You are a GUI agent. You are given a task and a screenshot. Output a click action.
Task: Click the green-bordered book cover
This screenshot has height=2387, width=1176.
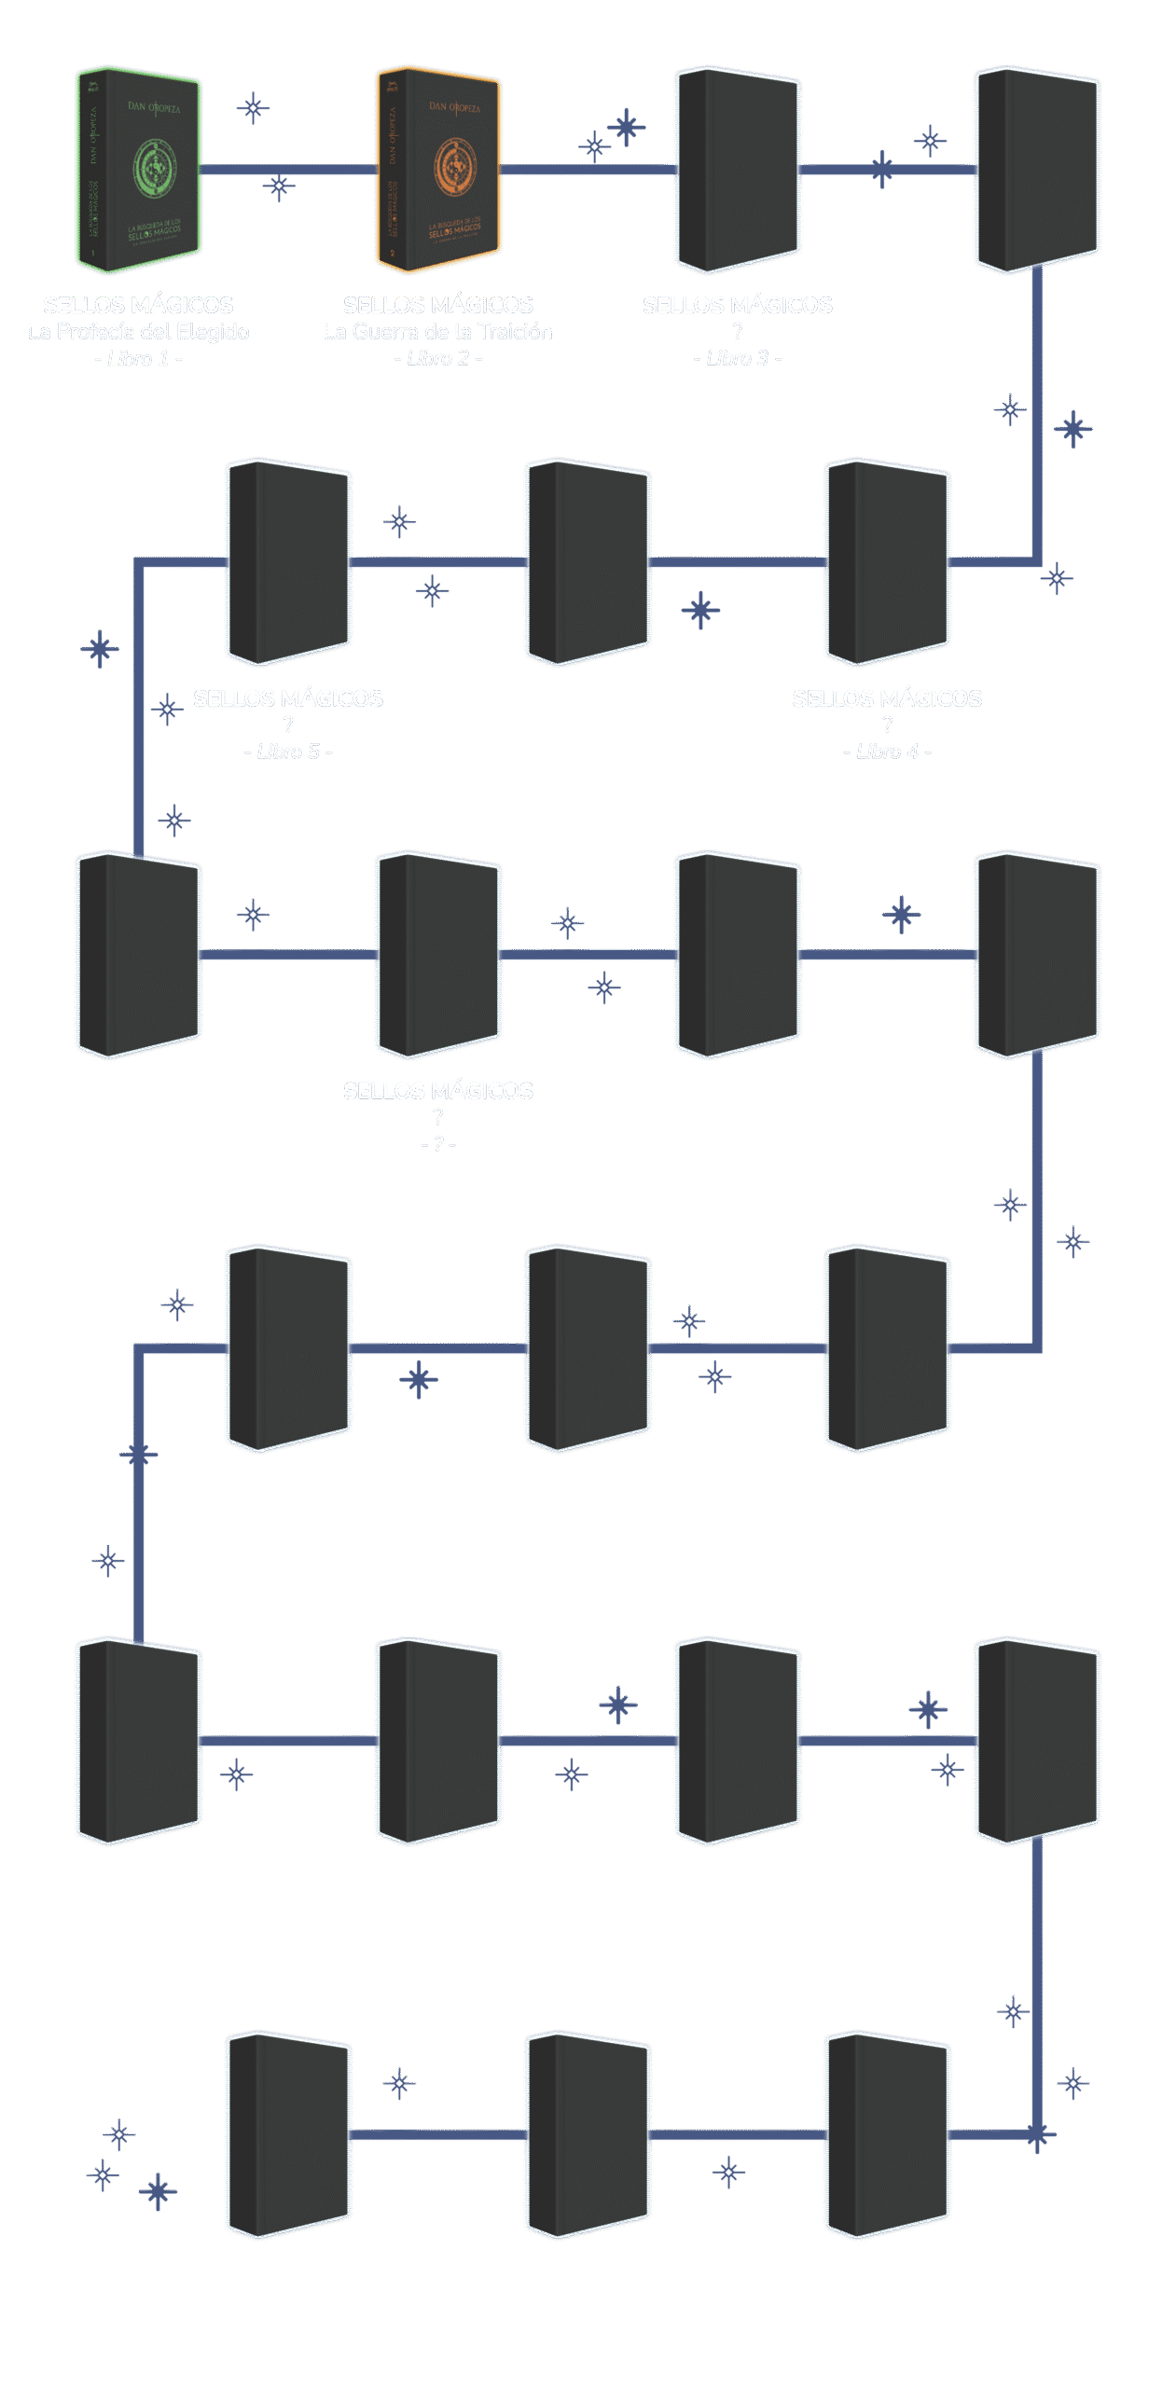point(139,171)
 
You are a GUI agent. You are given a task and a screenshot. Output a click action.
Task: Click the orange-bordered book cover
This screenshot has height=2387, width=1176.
point(438,171)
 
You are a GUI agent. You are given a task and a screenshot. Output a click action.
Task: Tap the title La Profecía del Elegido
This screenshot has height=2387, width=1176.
point(138,332)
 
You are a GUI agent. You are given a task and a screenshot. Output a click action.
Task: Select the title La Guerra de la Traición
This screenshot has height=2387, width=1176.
point(437,332)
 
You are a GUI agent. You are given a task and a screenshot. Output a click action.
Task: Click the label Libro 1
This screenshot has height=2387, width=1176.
point(138,359)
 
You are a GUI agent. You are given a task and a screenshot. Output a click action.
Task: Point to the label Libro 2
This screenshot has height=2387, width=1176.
point(437,359)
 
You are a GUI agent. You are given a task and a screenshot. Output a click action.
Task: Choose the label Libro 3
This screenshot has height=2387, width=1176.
point(737,359)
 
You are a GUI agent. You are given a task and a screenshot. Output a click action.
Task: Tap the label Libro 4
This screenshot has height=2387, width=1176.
point(886,752)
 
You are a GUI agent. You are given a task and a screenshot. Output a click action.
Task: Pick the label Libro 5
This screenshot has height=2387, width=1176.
point(287,752)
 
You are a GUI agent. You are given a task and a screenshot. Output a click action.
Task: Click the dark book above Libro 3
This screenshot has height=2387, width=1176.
point(737,171)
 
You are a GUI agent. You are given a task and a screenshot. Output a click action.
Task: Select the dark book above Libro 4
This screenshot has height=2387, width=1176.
point(887,562)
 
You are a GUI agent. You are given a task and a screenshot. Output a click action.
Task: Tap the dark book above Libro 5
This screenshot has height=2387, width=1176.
point(288,562)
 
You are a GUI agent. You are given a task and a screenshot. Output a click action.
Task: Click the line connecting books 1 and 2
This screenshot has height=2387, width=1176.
point(289,170)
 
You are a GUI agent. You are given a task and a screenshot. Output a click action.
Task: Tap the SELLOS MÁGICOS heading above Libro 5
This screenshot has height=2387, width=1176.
point(288,698)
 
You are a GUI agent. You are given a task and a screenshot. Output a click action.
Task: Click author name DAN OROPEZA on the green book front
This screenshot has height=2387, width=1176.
point(154,107)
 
